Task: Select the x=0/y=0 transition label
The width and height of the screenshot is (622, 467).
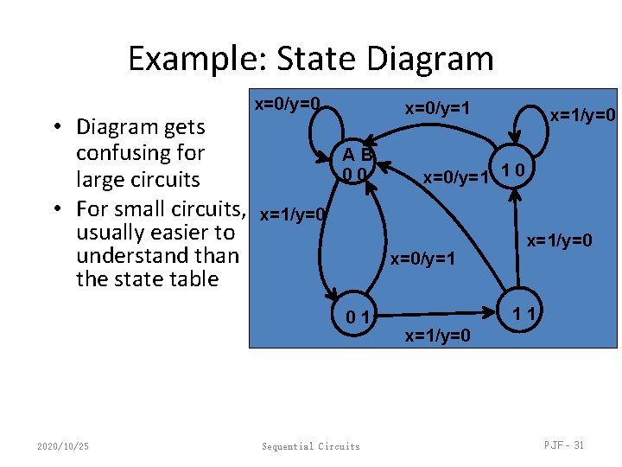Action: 288,104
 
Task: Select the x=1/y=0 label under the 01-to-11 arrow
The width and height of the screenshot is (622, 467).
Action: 438,336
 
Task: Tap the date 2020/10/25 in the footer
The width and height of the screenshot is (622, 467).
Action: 63,445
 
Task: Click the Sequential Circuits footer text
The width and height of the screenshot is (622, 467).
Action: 311,446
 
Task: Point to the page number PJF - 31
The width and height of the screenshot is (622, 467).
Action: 564,445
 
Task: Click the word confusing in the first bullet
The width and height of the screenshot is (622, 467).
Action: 140,153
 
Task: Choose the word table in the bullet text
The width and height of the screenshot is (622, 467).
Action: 195,279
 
